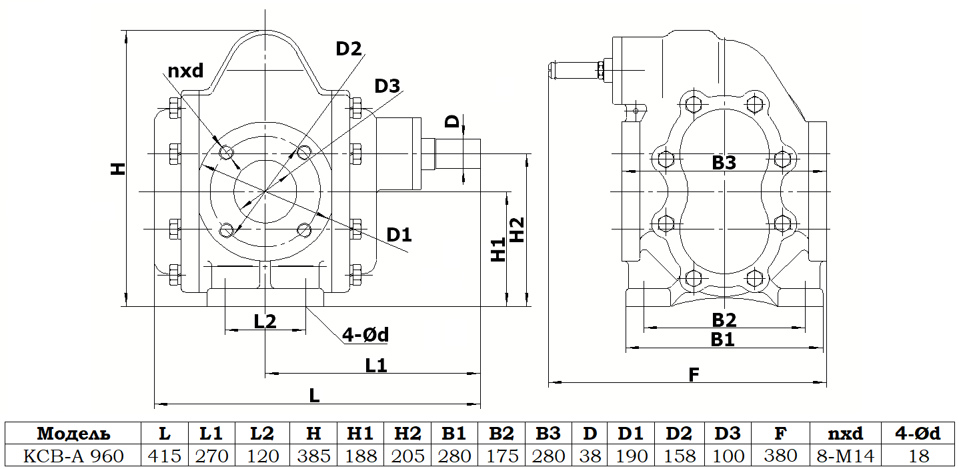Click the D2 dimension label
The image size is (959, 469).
click(x=349, y=49)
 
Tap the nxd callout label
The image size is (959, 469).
click(x=185, y=70)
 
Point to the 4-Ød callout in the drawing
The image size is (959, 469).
click(x=365, y=334)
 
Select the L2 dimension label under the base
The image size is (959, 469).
click(x=265, y=321)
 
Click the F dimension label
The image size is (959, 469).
click(x=694, y=374)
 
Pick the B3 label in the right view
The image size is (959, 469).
click(x=724, y=161)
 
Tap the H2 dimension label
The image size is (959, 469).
click(x=518, y=229)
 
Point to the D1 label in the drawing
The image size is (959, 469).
click(x=399, y=234)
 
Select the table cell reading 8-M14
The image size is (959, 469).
click(x=845, y=456)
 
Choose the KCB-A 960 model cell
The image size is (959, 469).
click(x=73, y=456)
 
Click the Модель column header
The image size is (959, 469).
click(x=73, y=434)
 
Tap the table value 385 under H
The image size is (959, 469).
click(x=313, y=456)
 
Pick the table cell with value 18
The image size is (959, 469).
click(x=917, y=456)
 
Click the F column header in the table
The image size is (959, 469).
click(x=780, y=434)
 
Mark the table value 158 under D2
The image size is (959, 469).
click(x=678, y=456)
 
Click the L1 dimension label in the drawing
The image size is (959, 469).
click(x=376, y=365)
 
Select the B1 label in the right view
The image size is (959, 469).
click(x=722, y=339)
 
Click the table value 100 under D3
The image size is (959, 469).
click(x=728, y=456)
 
